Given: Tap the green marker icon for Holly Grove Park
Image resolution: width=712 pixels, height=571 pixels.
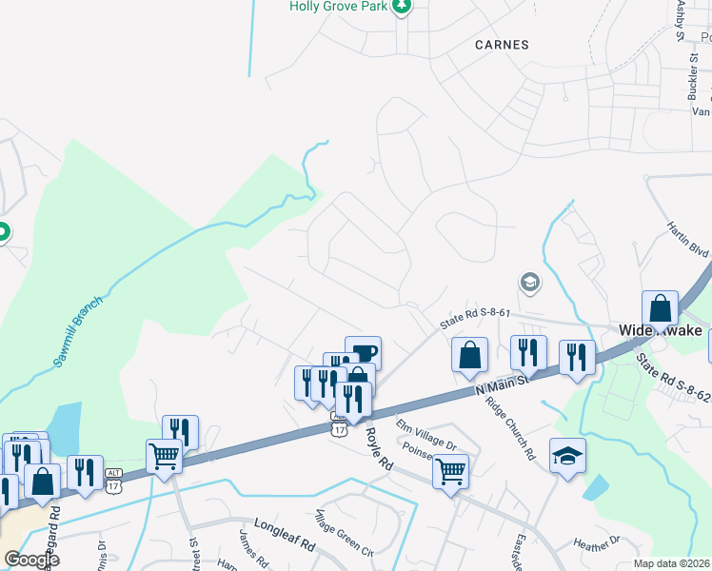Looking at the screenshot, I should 403,7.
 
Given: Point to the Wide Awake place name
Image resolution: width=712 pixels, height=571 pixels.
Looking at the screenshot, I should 661,331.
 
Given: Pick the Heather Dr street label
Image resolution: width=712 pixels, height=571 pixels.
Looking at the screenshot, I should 597,542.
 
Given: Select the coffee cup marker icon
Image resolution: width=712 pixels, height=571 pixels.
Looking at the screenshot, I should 363,351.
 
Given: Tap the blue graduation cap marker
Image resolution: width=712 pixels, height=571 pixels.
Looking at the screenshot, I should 567,455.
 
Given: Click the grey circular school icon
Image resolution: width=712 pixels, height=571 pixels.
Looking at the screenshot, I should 529,283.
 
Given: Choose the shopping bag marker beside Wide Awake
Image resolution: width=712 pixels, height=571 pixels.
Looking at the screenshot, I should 660,307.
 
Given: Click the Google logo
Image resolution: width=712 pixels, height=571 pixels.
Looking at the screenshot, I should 31,560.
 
